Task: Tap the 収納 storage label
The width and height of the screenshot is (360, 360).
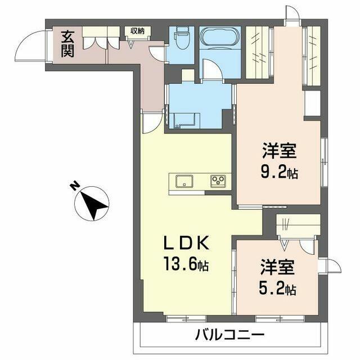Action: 138,31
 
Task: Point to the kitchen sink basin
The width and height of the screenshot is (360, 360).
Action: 184,181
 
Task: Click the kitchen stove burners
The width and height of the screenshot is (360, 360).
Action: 218,181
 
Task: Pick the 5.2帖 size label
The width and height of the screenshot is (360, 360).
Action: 278,290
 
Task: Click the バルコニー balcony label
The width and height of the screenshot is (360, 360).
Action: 229,335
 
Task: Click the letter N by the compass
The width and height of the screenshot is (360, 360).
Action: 73,186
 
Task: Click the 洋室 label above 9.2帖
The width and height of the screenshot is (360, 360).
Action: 279,151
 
